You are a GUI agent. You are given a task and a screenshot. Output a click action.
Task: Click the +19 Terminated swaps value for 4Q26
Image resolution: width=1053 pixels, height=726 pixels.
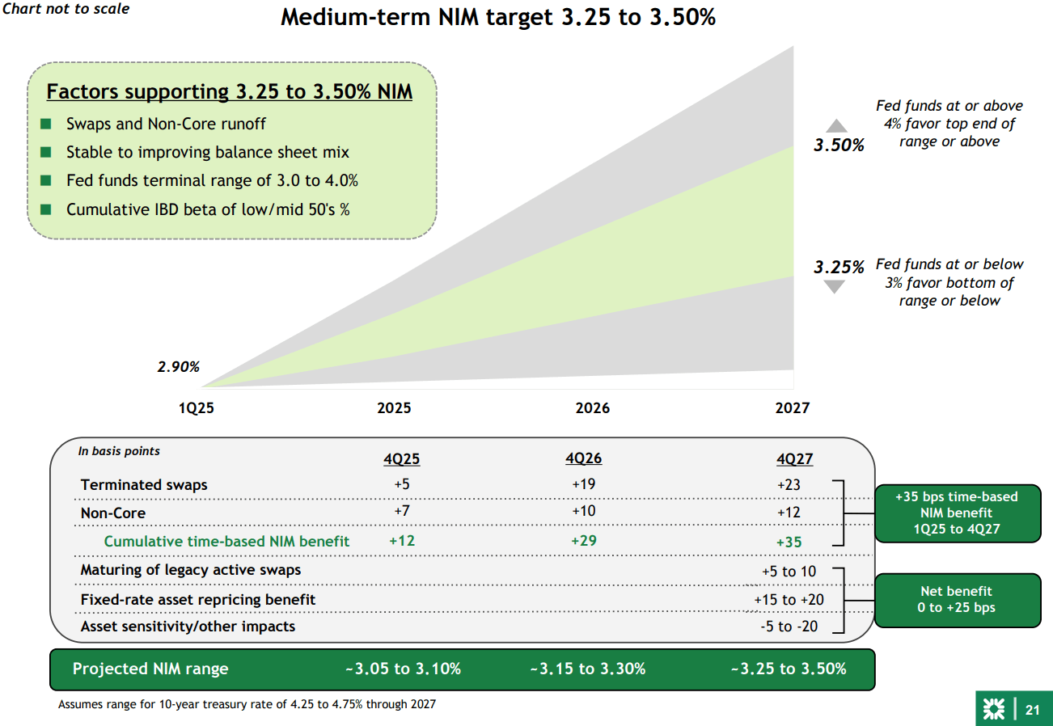[583, 485]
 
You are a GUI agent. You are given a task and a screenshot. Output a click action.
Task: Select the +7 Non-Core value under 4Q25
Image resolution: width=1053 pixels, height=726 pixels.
[401, 513]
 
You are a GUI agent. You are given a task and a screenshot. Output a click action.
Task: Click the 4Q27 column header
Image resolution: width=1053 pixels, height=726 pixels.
[794, 459]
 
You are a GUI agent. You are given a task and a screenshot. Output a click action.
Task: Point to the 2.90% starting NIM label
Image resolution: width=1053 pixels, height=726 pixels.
[178, 367]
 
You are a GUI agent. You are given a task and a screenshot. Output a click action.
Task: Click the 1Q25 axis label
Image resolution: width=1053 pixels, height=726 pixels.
[197, 408]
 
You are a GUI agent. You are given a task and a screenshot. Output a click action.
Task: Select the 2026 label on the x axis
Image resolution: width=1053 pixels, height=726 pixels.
[593, 408]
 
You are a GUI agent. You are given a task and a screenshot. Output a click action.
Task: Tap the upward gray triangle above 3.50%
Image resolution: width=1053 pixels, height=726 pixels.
[836, 126]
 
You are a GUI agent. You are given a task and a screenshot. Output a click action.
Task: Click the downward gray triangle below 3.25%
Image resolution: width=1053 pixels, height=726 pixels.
[834, 287]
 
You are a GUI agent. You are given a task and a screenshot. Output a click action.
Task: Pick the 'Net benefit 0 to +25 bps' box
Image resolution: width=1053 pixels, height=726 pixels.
[957, 599]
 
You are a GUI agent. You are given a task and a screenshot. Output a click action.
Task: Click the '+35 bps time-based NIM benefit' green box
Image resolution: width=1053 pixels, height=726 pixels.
[957, 513]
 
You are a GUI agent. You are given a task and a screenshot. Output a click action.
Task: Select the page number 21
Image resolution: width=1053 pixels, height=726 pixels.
[1032, 710]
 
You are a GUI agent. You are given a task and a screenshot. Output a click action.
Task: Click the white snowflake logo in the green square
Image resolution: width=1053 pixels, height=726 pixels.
[993, 710]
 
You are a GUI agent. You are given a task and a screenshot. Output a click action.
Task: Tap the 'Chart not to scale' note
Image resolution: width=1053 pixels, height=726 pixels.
[66, 9]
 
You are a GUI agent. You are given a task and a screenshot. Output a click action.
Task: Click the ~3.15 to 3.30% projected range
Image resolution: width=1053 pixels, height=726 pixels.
[587, 669]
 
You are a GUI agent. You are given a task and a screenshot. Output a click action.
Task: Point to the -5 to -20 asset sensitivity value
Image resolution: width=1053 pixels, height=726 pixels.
[784, 627]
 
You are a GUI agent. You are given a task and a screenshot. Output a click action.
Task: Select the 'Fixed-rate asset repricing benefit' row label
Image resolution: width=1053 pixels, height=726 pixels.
[198, 599]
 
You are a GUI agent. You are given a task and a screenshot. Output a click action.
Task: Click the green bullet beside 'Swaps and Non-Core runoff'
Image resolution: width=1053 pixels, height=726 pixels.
[47, 124]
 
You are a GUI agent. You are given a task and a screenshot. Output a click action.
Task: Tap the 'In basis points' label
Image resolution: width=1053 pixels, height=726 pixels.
[119, 451]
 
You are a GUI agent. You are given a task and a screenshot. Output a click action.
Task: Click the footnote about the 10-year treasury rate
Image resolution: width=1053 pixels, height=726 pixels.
[247, 704]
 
